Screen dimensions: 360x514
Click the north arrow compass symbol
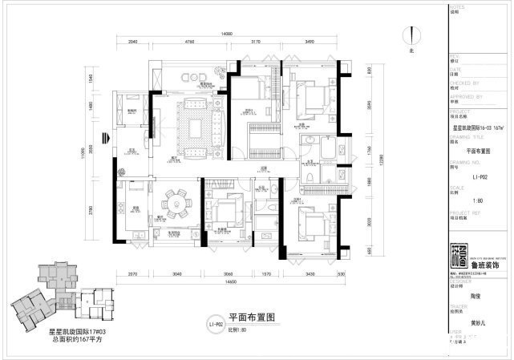(x=411, y=36)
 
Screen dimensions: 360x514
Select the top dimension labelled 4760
(x=189, y=42)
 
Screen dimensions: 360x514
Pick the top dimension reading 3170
(x=255, y=42)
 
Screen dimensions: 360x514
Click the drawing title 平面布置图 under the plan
(x=251, y=318)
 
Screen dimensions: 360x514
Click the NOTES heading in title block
(x=455, y=6)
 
